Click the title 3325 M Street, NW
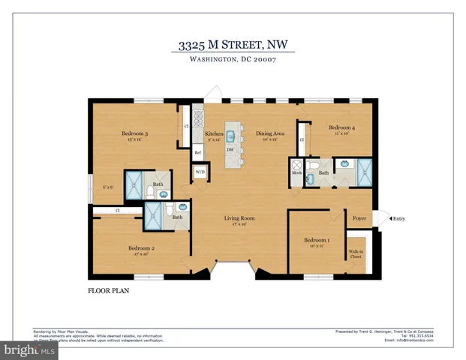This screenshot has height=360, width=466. pyautogui.click(x=233, y=46)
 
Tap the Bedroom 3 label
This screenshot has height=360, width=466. pyautogui.click(x=134, y=133)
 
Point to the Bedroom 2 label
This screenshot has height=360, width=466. pyautogui.click(x=141, y=247)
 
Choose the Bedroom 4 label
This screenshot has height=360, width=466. pyautogui.click(x=342, y=128)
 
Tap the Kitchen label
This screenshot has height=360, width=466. pyautogui.click(x=214, y=133)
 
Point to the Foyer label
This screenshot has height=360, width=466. pyautogui.click(x=359, y=218)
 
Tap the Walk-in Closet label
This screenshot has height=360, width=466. pyautogui.click(x=355, y=254)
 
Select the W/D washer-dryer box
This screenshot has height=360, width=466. pyautogui.click(x=200, y=172)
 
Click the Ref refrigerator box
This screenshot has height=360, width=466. pyautogui.click(x=198, y=152)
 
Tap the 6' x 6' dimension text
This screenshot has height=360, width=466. pyautogui.click(x=108, y=186)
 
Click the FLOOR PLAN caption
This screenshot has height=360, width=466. pyautogui.click(x=105, y=288)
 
